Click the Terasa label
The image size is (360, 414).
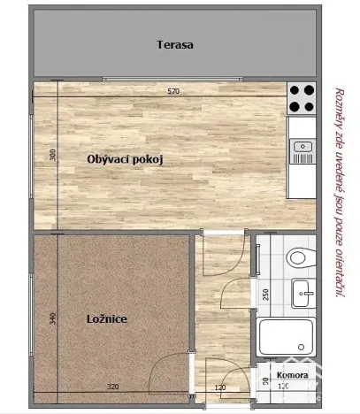coord(174,44)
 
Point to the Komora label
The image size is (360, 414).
coord(292,375)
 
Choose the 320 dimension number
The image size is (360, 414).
coord(112,387)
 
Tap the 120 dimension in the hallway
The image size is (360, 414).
coord(220,387)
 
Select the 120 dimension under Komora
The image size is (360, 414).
coord(284,387)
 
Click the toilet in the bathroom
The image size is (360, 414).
coord(300,257)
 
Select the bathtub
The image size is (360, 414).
coord(286,336)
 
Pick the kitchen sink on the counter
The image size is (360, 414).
coord(303,146)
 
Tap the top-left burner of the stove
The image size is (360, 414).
coord(295,90)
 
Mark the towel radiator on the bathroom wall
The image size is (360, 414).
coord(257,258)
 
